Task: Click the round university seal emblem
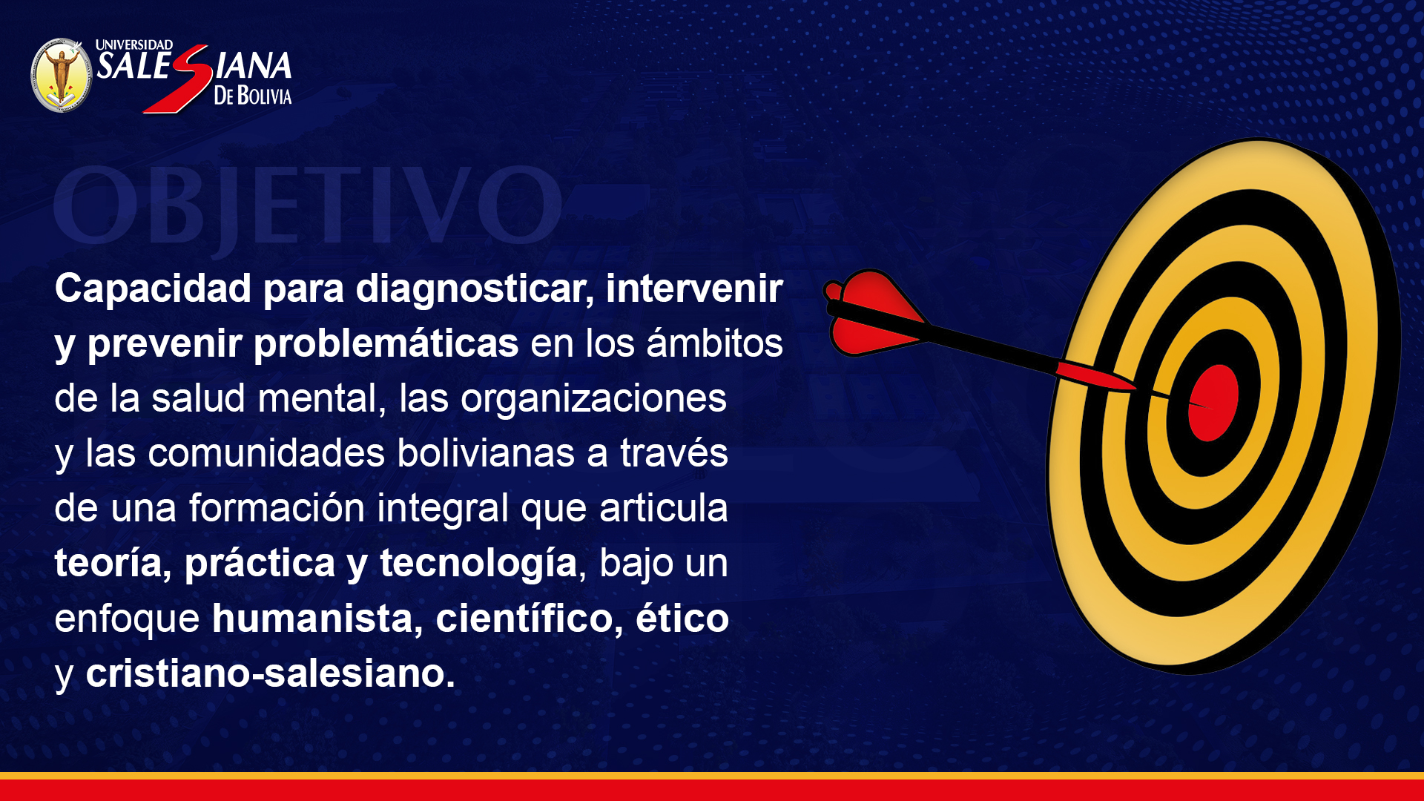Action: click(x=62, y=76)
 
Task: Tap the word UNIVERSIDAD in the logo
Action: click(x=134, y=45)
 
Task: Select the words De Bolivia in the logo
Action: click(x=253, y=96)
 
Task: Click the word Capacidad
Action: click(x=154, y=288)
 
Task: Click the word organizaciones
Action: click(x=593, y=399)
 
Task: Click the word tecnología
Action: click(x=478, y=564)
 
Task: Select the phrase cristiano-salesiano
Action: click(x=270, y=673)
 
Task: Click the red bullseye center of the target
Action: click(x=1213, y=403)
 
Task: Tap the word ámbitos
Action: click(x=714, y=343)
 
